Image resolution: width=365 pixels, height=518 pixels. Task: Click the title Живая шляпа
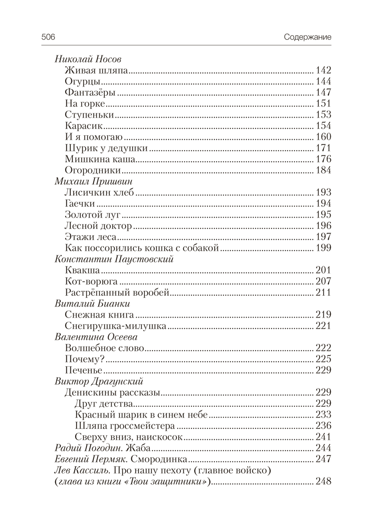(97, 70)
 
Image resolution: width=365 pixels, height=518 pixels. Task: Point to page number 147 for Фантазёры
(323, 93)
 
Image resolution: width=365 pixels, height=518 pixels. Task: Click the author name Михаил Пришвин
(95, 181)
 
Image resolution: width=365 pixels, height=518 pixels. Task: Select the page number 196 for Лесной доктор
(323, 226)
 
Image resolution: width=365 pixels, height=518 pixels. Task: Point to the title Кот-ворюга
(92, 282)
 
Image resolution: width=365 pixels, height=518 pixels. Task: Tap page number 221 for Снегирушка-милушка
(323, 326)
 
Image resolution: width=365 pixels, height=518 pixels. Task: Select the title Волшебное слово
(105, 348)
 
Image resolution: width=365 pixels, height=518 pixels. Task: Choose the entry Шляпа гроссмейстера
(125, 426)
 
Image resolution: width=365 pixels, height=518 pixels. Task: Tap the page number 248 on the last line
(323, 482)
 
